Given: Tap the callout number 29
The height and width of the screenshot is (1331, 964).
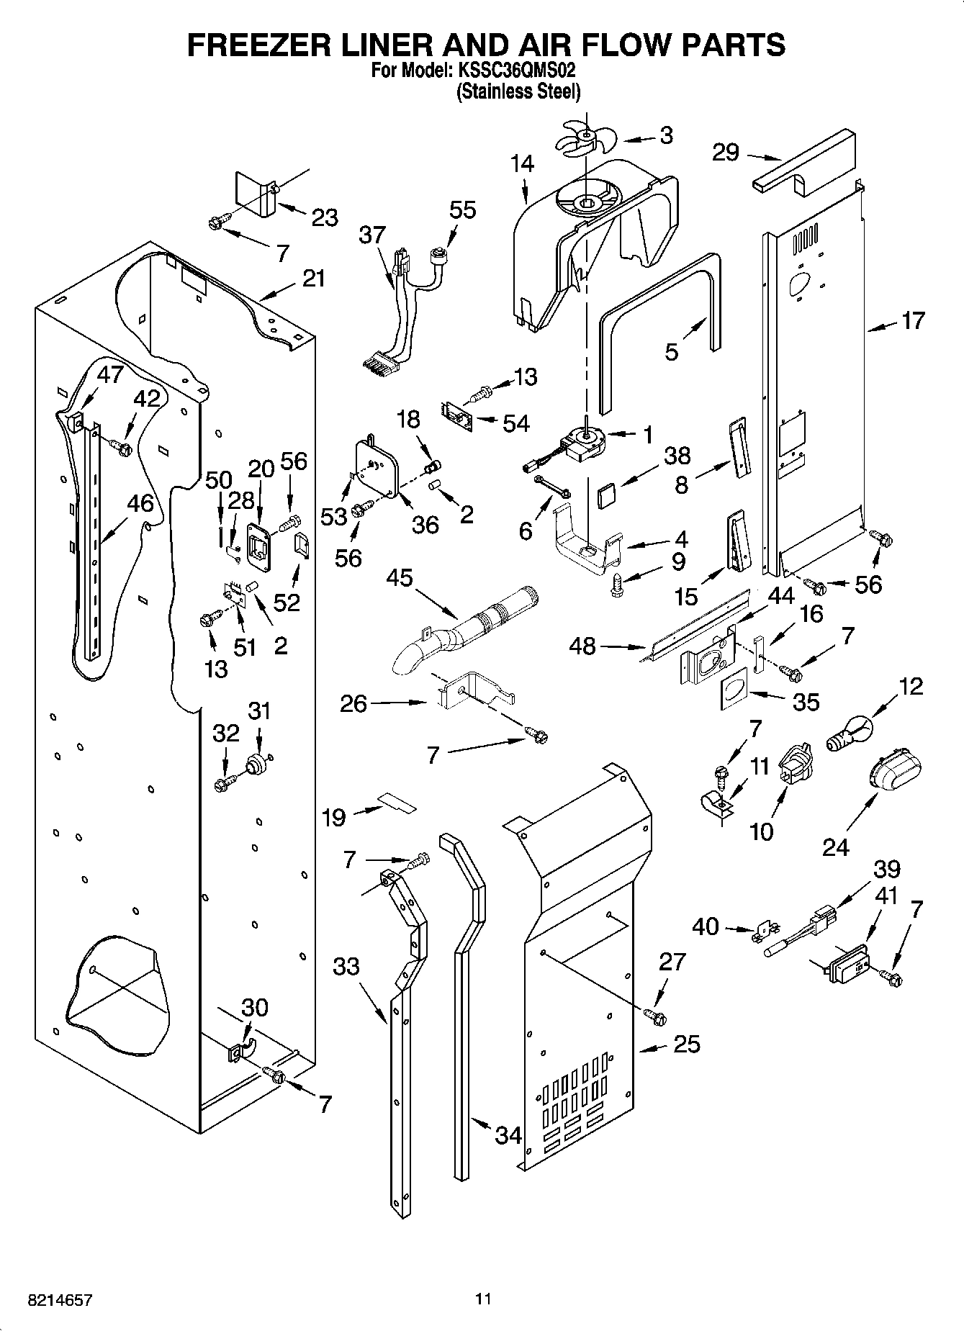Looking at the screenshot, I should coord(726,153).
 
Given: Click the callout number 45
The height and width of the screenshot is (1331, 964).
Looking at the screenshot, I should coord(400,577).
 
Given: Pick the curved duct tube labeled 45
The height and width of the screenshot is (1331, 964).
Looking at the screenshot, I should coord(468,628).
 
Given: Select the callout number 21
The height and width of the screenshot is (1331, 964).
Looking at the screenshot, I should coord(313,278).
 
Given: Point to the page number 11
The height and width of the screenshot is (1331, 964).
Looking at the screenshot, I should coord(482,1299).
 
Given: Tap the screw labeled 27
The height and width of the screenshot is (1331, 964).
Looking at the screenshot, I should coord(655,1016).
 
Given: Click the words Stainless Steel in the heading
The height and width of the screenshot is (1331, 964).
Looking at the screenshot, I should coord(518,91).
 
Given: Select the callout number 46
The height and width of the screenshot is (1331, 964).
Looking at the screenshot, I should coord(140,503).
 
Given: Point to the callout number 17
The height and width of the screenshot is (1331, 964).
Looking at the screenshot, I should coord(912,320).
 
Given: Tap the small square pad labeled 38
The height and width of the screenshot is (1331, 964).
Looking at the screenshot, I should coord(606,495).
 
